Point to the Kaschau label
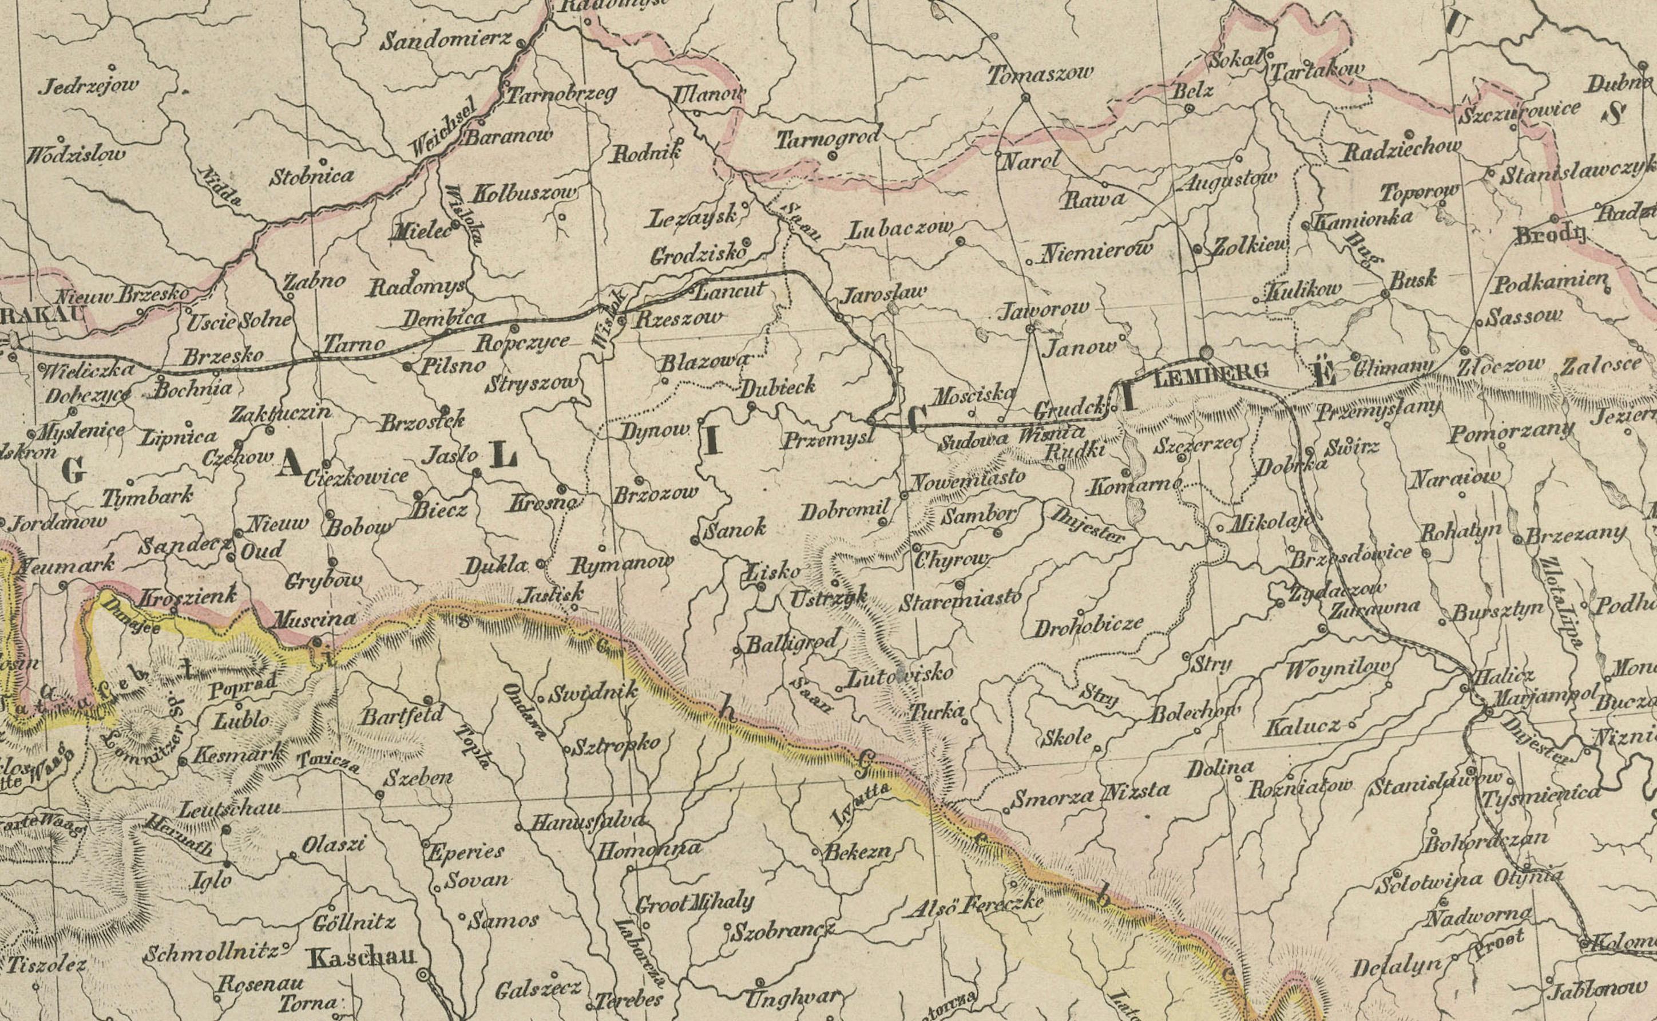click(x=361, y=957)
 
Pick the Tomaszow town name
click(x=1040, y=73)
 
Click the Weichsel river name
click(x=443, y=127)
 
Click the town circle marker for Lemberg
click(x=1206, y=352)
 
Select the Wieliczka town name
click(x=87, y=369)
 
